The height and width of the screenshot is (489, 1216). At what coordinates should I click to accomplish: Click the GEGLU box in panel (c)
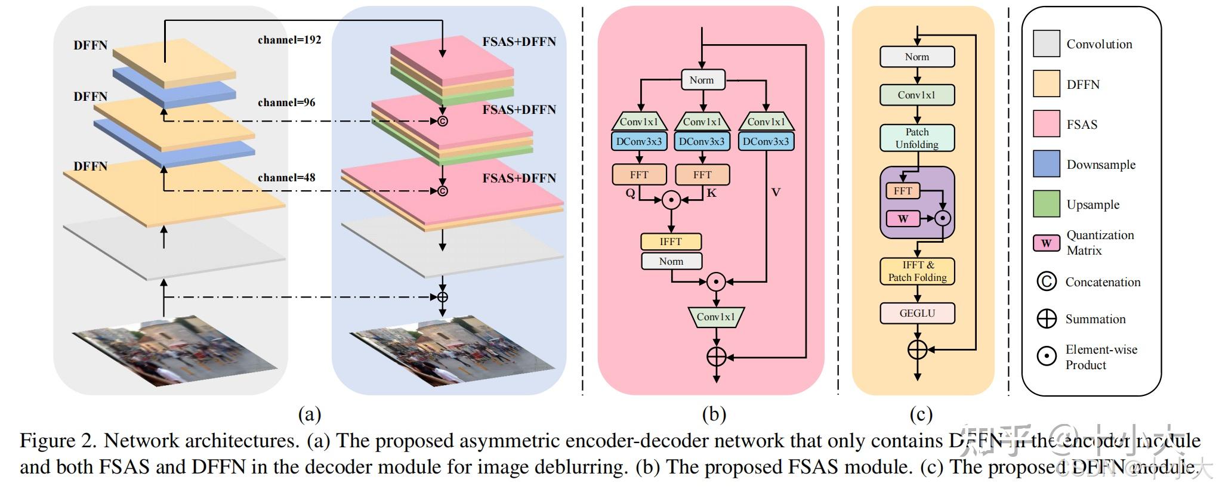[x=917, y=313]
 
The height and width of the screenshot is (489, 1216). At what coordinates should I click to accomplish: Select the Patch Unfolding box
[x=917, y=138]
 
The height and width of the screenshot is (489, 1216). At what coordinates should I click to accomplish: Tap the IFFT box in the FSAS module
[x=671, y=242]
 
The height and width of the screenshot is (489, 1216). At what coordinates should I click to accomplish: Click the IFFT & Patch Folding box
[x=917, y=271]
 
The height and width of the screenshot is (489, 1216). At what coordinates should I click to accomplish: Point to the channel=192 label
[x=289, y=40]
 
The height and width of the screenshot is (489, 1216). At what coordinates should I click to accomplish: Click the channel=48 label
[x=286, y=178]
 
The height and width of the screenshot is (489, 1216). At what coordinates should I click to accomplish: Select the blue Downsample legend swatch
[x=1047, y=164]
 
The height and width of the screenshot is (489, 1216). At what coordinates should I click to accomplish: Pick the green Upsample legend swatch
[x=1047, y=204]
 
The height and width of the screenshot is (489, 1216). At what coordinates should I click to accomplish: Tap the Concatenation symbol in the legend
[x=1047, y=281]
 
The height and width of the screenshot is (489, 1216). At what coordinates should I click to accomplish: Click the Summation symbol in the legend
[x=1047, y=318]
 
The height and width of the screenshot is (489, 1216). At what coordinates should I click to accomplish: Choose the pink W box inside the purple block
[x=903, y=219]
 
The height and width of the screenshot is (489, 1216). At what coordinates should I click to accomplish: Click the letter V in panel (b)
[x=776, y=193]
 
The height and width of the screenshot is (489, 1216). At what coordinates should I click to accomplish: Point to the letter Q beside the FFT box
[x=630, y=193]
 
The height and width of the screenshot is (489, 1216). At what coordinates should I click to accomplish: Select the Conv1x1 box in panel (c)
[x=917, y=95]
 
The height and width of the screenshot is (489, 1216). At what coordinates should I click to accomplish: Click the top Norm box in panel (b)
[x=702, y=80]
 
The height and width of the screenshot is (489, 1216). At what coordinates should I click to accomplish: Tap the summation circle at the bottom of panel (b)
[x=716, y=357]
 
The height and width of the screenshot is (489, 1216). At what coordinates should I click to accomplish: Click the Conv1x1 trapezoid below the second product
[x=716, y=317]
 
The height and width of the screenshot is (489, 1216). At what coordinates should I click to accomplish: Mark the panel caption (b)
[x=714, y=414]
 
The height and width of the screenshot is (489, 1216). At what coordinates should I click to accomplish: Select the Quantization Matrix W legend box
[x=1047, y=243]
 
